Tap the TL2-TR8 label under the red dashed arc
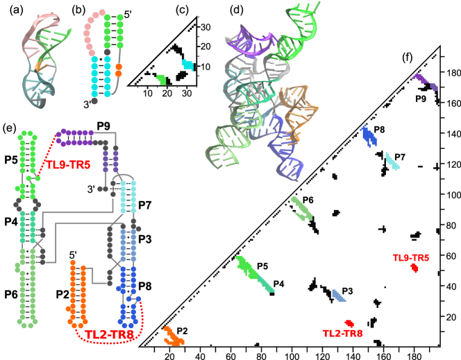click(x=109, y=334)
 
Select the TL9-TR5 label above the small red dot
click(x=410, y=258)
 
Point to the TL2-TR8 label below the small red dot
click(x=342, y=334)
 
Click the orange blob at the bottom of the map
click(x=173, y=336)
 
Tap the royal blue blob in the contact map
click(x=368, y=135)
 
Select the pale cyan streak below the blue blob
click(x=392, y=161)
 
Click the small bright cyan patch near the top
click(x=187, y=65)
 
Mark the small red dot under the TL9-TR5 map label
click(x=414, y=267)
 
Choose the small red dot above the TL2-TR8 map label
click(x=349, y=323)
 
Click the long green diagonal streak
click(x=254, y=273)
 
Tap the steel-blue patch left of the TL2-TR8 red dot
click(x=338, y=296)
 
